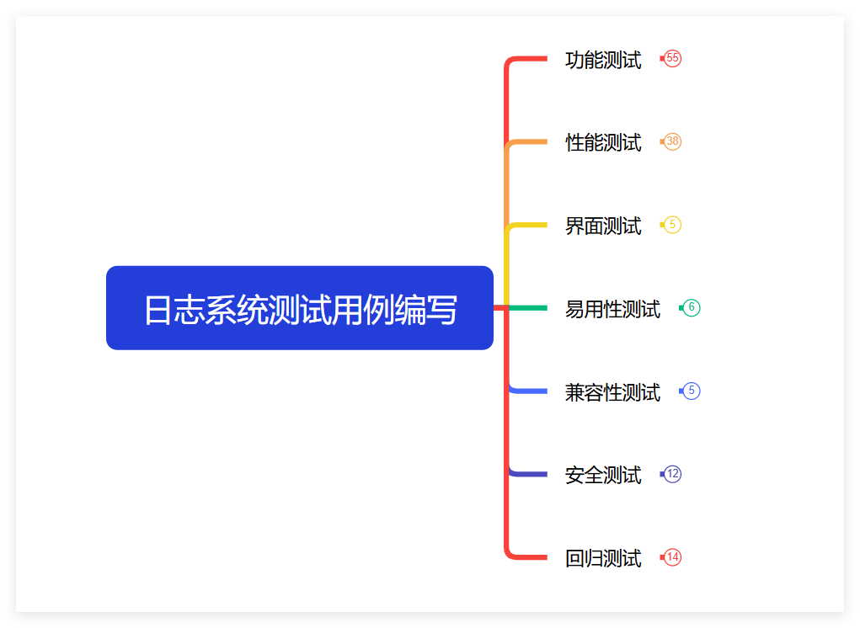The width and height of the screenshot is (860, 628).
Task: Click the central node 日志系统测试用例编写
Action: pyautogui.click(x=299, y=308)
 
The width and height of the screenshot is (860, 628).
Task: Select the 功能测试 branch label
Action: pyautogui.click(x=603, y=60)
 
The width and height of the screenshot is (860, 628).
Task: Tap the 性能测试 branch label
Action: pyautogui.click(x=603, y=142)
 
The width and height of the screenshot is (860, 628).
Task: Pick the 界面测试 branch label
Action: pyautogui.click(x=603, y=226)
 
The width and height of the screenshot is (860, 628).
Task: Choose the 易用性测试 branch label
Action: pyautogui.click(x=612, y=309)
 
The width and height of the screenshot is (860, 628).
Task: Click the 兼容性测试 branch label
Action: pyautogui.click(x=612, y=392)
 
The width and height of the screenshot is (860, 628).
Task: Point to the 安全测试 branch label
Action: pyautogui.click(x=603, y=475)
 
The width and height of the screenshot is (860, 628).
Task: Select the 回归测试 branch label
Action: pyautogui.click(x=603, y=558)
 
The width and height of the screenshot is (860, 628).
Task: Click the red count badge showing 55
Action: pyautogui.click(x=672, y=58)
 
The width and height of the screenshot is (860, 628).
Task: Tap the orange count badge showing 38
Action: pyautogui.click(x=672, y=141)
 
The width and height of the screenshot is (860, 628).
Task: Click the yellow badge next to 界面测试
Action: pyautogui.click(x=672, y=225)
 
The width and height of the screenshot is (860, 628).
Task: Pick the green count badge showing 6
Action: pyautogui.click(x=691, y=308)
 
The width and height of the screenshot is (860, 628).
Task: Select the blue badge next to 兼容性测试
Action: pyautogui.click(x=691, y=391)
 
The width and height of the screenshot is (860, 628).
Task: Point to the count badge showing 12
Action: pyautogui.click(x=672, y=474)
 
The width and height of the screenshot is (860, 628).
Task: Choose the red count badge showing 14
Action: pyautogui.click(x=672, y=557)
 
